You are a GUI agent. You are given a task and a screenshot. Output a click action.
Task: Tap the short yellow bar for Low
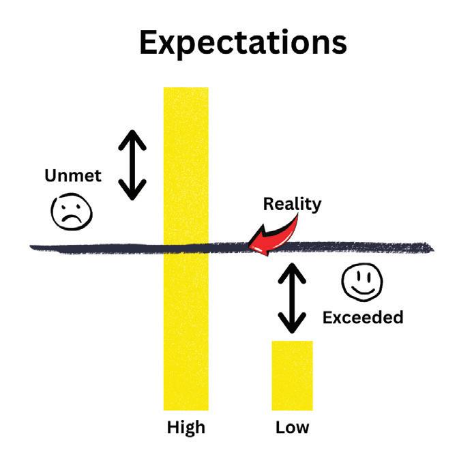click(292, 375)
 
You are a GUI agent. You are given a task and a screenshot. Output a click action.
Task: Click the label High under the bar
click(186, 428)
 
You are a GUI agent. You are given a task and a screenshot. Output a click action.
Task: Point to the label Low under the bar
click(292, 428)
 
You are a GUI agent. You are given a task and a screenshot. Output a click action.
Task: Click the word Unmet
click(73, 176)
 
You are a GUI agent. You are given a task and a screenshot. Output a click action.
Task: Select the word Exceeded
click(363, 317)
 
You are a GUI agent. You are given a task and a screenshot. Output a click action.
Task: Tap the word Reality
click(293, 204)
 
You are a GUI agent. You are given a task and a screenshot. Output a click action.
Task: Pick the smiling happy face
click(361, 282)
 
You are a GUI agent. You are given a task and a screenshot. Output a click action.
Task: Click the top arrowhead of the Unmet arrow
click(132, 136)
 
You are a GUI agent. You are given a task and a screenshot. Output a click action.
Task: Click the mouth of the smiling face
click(361, 290)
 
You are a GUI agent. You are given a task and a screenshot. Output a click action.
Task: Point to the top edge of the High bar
click(186, 89)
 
